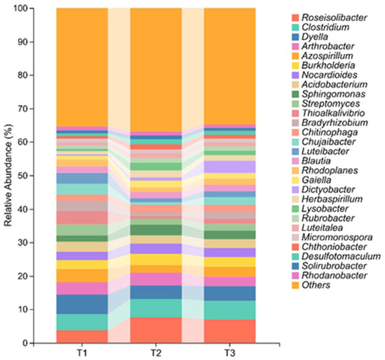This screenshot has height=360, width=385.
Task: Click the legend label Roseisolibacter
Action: point(334,18)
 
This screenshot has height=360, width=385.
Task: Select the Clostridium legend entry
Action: point(325,27)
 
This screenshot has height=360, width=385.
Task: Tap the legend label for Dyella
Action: point(315,36)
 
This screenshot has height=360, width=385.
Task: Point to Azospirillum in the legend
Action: point(328,56)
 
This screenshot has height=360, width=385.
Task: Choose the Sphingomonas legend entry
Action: point(333,94)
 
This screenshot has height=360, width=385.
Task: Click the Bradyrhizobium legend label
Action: point(335,123)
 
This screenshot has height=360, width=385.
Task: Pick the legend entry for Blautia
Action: point(316,161)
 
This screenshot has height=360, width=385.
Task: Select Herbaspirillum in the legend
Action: point(332,199)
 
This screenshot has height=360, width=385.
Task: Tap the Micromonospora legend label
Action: point(337,237)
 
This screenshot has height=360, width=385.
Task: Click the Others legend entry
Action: point(316,285)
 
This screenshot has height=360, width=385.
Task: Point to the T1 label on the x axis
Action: point(82,353)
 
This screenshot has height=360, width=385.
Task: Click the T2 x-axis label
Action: point(155,353)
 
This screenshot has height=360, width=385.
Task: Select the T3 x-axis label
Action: point(230,353)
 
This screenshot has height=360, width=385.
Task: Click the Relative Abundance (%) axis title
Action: point(8,176)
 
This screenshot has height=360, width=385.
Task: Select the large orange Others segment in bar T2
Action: point(155,70)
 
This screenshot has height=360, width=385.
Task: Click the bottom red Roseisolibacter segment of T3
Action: point(230,331)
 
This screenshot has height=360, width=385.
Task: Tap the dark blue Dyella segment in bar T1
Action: point(82,304)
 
